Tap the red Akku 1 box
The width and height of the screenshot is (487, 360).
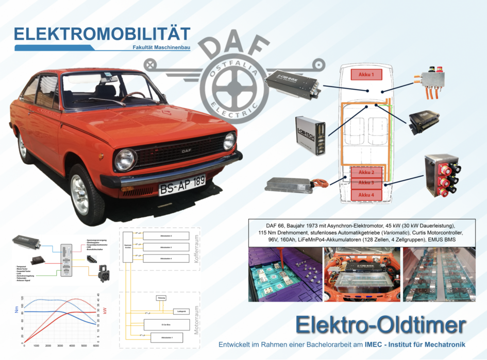pyautogui.click(x=366, y=75)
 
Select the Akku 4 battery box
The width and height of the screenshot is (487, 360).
pyautogui.click(x=366, y=195)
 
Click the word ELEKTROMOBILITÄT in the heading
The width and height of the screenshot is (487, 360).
pyautogui.click(x=102, y=35)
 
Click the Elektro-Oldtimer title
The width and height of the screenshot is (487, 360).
pyautogui.click(x=381, y=324)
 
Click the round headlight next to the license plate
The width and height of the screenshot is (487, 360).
pyautogui.click(x=125, y=159)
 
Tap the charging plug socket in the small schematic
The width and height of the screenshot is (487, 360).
pyautogui.click(x=103, y=271)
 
